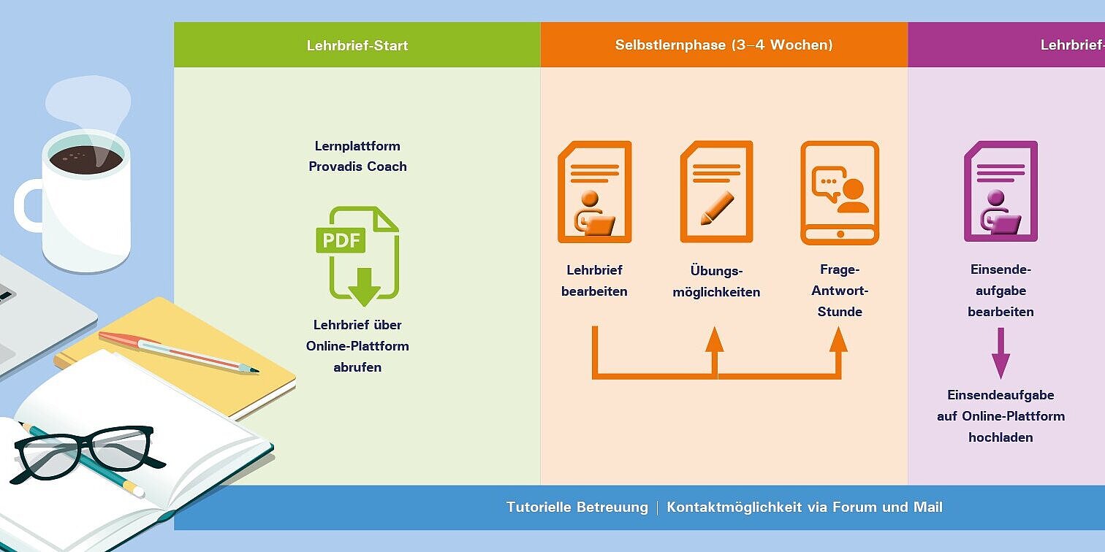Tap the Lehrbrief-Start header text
pos(357,45)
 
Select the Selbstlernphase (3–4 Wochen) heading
pos(724,45)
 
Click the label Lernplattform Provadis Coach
pos(357,156)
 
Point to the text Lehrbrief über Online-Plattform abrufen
pos(357,346)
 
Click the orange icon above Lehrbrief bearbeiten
pos(594,192)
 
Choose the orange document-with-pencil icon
pos(716,192)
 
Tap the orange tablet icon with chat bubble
pos(840,192)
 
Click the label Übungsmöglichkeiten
pos(716,281)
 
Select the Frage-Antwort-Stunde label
pos(840,291)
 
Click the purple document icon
pos(1000,192)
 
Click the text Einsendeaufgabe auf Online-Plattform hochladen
pos(1000,416)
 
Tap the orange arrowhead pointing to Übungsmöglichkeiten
pos(715,340)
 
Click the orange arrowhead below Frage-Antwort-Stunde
pos(839,340)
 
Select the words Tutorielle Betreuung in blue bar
pos(577,507)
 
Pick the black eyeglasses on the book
pos(84,451)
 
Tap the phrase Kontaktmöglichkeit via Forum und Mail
pos(804,507)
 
